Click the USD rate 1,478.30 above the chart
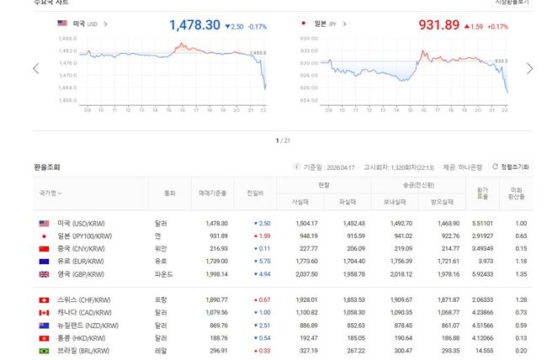coord(194,26)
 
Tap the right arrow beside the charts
coord(528,69)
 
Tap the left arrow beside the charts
coord(36,69)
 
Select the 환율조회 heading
coord(46,167)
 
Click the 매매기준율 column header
coord(212,193)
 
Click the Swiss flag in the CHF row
coord(44,300)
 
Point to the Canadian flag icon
coord(44,313)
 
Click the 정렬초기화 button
coord(510,167)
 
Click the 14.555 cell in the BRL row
coord(483,351)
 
